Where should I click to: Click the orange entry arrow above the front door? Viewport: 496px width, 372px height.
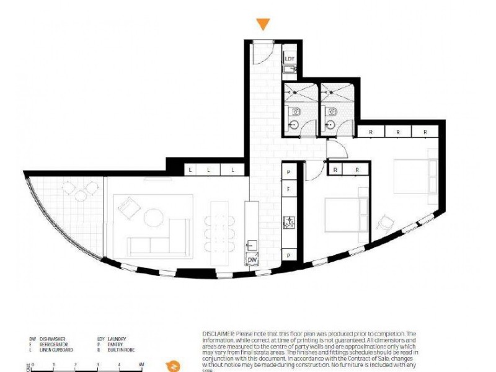263,24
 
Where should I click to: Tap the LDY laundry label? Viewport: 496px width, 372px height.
290,59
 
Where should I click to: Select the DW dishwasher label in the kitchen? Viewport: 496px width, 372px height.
252,260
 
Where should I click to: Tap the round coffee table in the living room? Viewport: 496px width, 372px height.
153,217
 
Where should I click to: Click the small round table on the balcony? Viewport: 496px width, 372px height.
81,196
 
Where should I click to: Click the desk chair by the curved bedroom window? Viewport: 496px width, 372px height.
385,221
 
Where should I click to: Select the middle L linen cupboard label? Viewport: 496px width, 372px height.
209,169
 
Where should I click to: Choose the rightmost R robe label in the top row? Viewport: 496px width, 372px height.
425,132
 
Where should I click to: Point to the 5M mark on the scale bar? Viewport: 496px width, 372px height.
142,364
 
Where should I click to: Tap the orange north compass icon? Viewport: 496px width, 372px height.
174,365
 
